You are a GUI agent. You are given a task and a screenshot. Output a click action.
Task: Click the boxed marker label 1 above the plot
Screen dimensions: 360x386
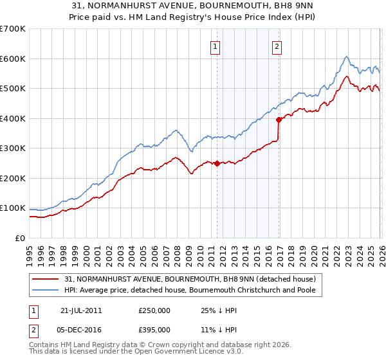point(215,46)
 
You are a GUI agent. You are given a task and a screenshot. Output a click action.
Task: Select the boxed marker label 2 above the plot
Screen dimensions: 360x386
point(277,46)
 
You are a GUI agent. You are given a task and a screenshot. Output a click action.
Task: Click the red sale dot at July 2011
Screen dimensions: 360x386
point(217,163)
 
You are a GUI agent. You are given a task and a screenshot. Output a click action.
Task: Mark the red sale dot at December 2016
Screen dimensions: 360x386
point(279,120)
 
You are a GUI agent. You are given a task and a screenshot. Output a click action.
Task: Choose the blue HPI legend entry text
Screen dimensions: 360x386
point(193,291)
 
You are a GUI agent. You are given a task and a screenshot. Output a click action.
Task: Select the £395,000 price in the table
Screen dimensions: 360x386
point(154,329)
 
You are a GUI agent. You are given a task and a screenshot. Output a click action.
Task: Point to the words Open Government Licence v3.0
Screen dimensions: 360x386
point(187,353)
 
